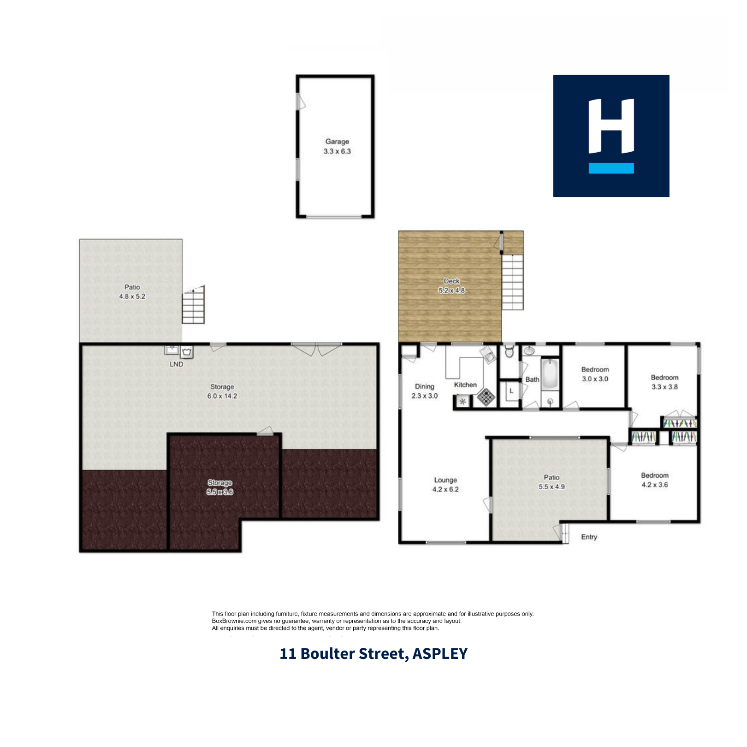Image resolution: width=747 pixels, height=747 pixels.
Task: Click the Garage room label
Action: pyautogui.click(x=337, y=146)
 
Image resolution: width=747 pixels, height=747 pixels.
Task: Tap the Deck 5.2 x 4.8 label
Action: pyautogui.click(x=451, y=286)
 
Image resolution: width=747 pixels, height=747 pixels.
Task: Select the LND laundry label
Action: pyautogui.click(x=177, y=364)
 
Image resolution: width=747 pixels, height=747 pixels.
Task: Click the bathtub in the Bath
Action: pyautogui.click(x=550, y=374)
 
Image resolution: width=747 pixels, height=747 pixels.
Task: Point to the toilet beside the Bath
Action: pyautogui.click(x=509, y=352)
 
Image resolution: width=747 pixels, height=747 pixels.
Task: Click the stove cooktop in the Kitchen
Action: pyautogui.click(x=486, y=397)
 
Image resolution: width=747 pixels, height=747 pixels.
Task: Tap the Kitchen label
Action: pyautogui.click(x=465, y=385)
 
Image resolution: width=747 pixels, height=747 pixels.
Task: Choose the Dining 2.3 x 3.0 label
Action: pyautogui.click(x=424, y=391)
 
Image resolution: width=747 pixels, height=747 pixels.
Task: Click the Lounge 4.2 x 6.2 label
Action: pyautogui.click(x=445, y=485)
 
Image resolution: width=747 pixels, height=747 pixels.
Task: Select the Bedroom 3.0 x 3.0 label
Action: pyautogui.click(x=595, y=374)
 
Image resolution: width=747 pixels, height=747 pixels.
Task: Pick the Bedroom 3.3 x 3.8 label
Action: pyautogui.click(x=664, y=382)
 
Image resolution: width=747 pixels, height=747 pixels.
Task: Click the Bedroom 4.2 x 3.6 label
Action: pyautogui.click(x=655, y=480)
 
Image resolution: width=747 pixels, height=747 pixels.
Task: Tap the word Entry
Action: pyautogui.click(x=589, y=537)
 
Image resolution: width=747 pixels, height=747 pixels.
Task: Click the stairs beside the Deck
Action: pyautogui.click(x=512, y=282)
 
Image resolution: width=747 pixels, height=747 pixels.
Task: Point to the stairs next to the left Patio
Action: pyautogui.click(x=193, y=305)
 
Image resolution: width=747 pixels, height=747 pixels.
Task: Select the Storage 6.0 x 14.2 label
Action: pyautogui.click(x=222, y=391)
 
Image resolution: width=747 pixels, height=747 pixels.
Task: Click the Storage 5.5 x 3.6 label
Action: pyautogui.click(x=220, y=487)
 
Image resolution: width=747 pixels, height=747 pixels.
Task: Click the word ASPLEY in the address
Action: pyautogui.click(x=440, y=653)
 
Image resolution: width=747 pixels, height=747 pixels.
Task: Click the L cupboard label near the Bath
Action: pyautogui.click(x=511, y=391)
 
